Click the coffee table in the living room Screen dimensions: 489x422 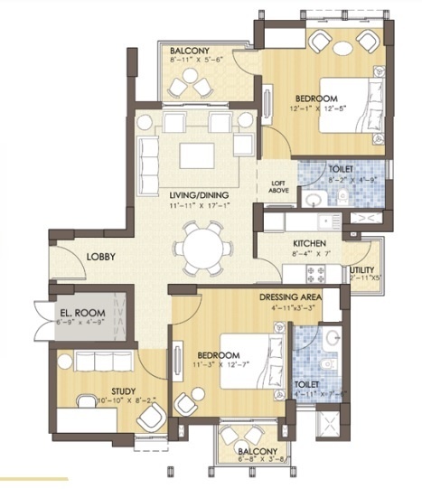198,155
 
